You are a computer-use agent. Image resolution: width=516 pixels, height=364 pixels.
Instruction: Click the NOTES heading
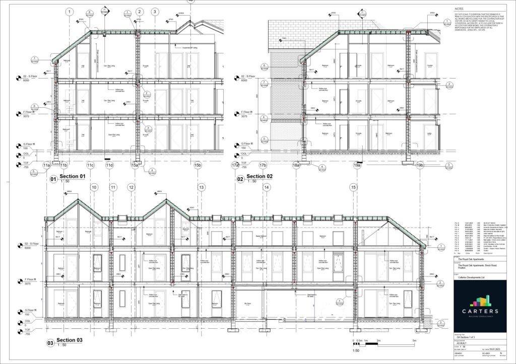click(x=459, y=9)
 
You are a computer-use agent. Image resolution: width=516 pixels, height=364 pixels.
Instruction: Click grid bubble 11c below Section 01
click(x=90, y=165)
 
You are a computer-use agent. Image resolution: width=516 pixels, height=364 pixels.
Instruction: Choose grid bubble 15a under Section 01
click(x=135, y=165)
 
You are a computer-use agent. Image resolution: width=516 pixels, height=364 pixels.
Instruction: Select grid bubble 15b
click(x=198, y=165)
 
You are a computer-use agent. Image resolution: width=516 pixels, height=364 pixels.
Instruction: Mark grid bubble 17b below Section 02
click(x=263, y=165)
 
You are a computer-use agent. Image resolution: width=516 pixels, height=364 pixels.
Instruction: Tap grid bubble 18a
click(x=296, y=165)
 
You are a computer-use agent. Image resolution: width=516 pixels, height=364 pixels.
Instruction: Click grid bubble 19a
click(x=357, y=165)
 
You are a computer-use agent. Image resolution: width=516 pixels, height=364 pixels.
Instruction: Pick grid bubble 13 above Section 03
click(x=202, y=187)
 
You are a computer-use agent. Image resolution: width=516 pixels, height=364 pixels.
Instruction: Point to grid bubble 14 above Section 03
click(x=267, y=187)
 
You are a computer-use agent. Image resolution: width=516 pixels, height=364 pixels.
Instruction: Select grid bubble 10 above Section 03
click(x=93, y=187)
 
